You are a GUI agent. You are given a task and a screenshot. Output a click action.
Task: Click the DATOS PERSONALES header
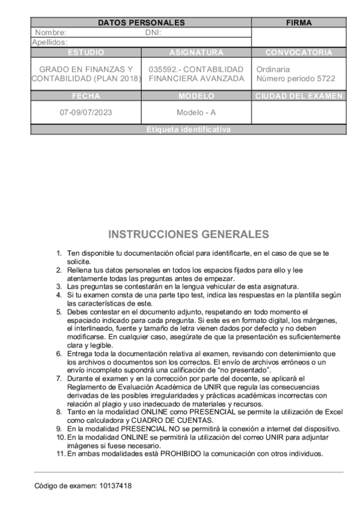pos(141,23)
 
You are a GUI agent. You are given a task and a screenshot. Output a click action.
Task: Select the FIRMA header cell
pos(299,23)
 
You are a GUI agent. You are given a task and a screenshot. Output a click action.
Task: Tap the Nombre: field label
pos(50,33)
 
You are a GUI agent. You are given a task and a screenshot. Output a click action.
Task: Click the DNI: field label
pos(153,33)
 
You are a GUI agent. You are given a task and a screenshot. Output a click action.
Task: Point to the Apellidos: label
pos(49,43)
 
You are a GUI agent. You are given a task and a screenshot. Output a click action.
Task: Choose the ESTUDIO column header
pos(86,52)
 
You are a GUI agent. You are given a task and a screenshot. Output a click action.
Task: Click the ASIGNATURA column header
pos(196,52)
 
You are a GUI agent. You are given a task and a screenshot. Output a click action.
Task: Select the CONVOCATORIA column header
pos(299,52)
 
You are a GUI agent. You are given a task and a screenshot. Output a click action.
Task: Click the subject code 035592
pos(164,70)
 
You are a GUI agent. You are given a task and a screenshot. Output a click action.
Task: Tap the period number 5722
pos(325,79)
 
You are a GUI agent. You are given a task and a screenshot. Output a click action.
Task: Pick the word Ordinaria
pos(273,70)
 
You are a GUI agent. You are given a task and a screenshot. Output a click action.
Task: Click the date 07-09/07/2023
pos(86,112)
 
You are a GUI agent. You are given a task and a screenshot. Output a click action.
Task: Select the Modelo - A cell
pos(196,112)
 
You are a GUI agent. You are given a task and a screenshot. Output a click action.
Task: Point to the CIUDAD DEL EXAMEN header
pos(299,96)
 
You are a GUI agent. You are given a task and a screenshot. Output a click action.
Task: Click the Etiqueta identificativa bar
pos(188,130)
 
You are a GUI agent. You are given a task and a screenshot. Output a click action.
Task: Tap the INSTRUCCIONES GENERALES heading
pos(189,234)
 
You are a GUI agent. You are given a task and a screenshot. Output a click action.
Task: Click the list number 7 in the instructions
pos(59,379)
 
